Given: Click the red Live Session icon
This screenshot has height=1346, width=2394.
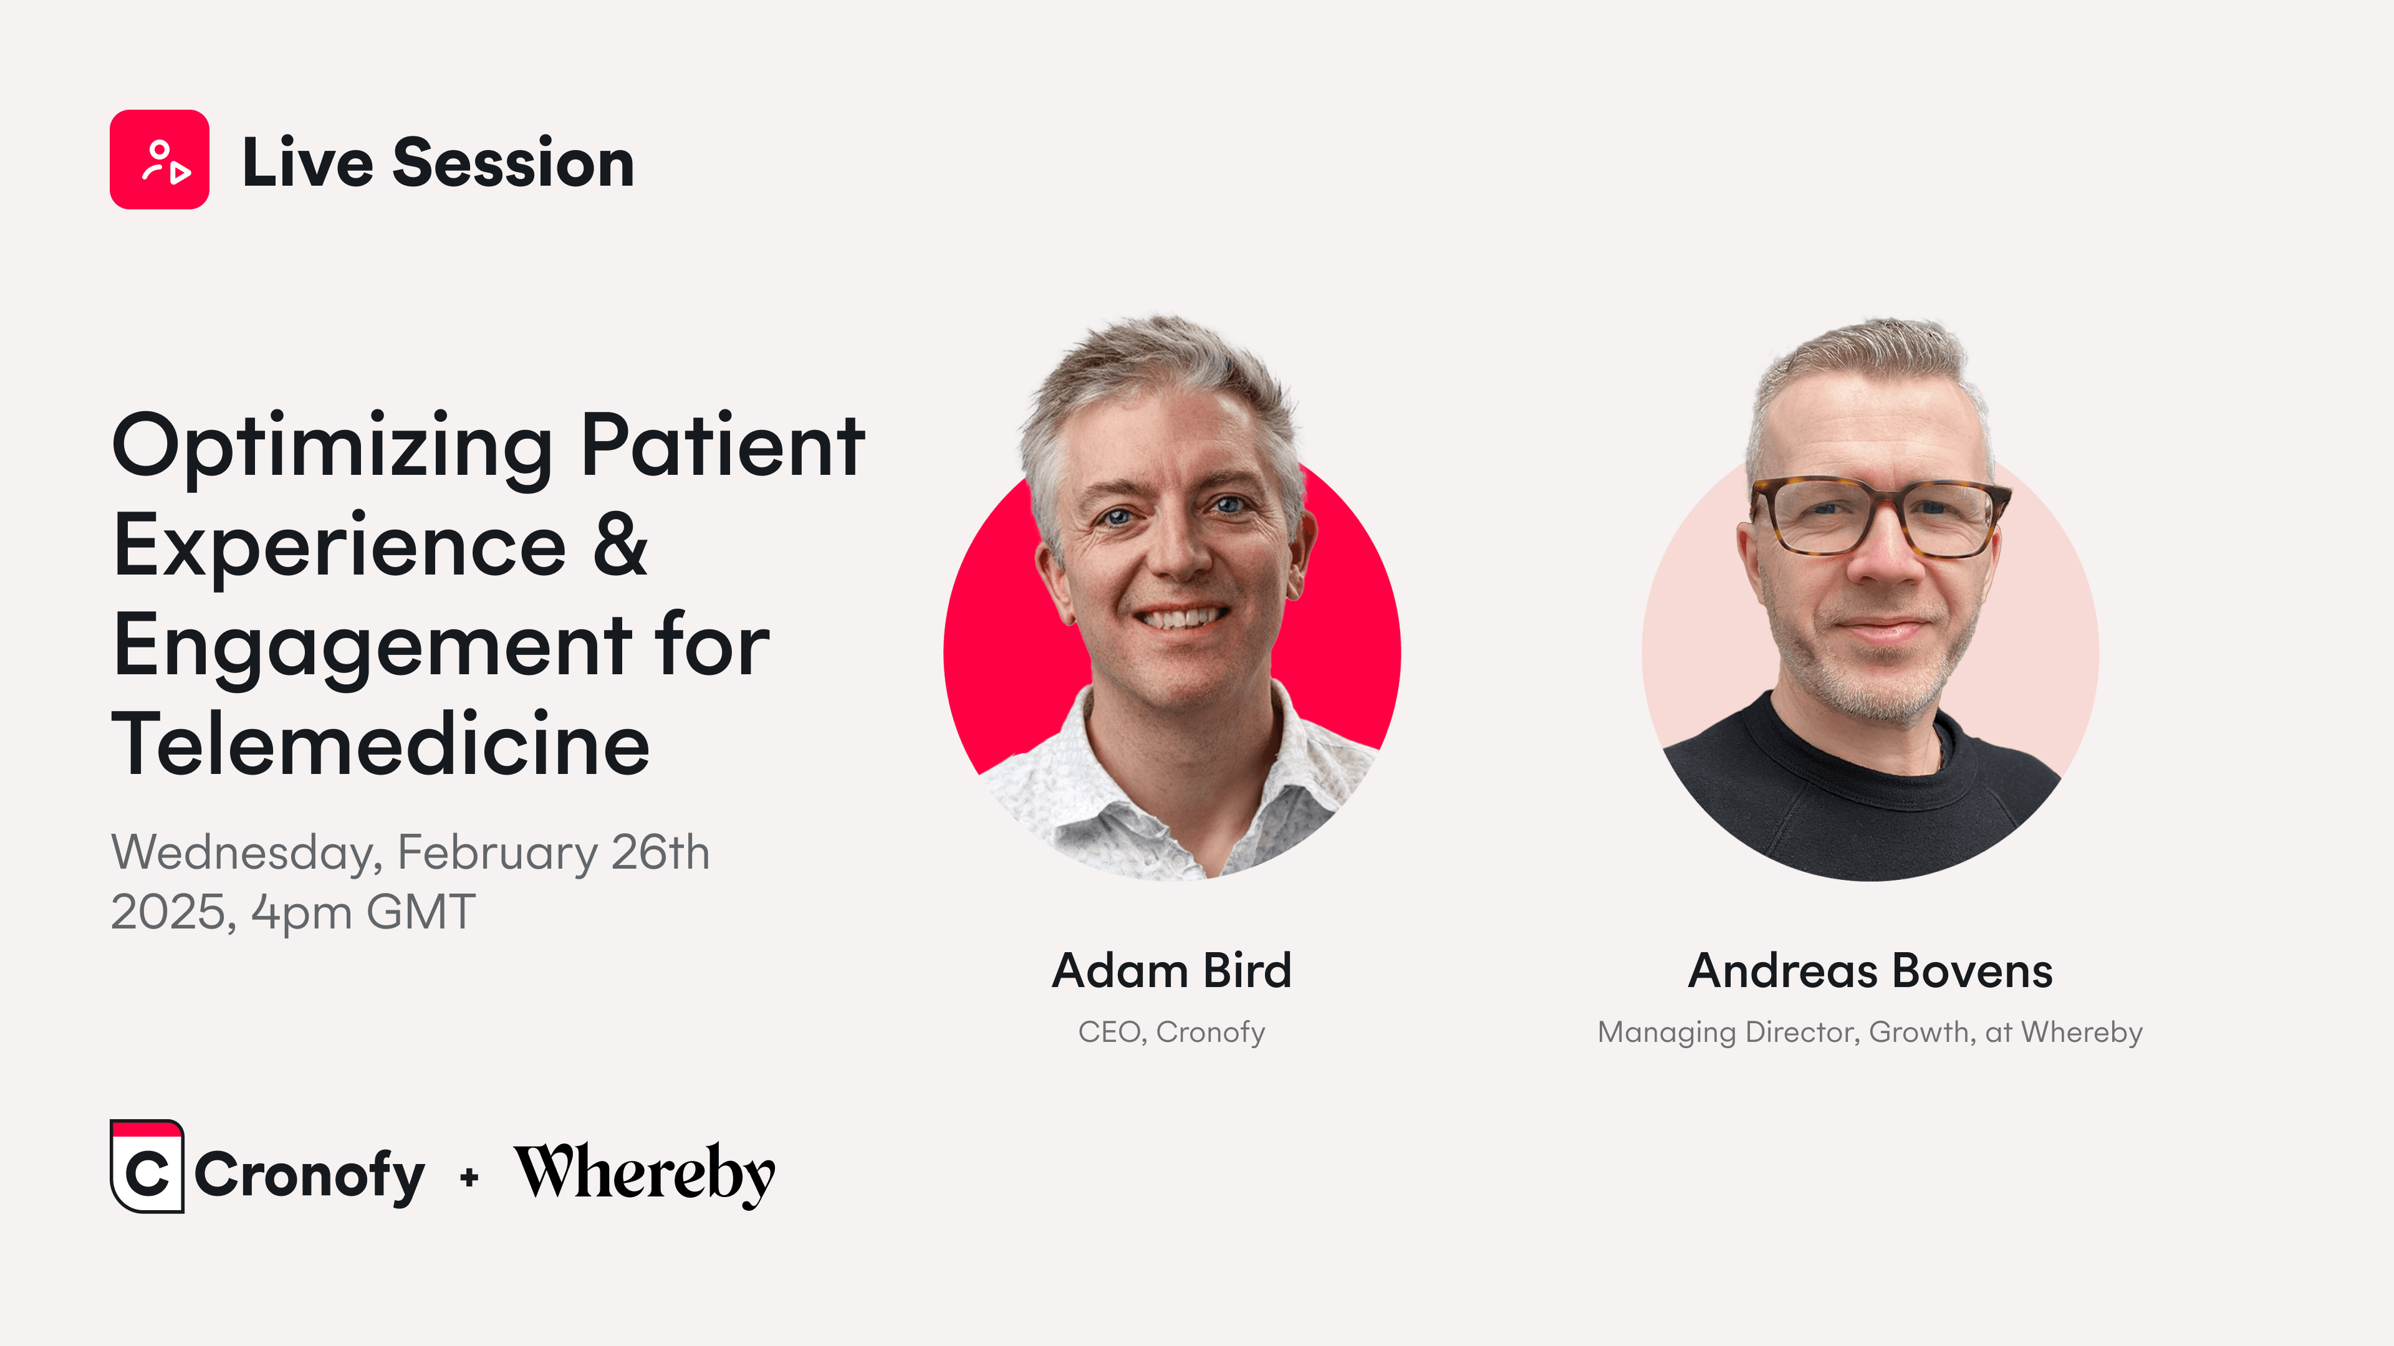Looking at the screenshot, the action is (159, 160).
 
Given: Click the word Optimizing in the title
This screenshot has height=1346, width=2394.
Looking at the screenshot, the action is (332, 448).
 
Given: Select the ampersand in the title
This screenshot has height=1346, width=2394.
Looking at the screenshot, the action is (620, 545).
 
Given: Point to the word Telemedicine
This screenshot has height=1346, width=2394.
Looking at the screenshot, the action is (381, 744).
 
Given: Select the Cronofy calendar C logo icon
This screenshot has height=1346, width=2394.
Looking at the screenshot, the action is (147, 1166).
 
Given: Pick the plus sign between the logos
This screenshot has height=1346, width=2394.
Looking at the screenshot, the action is (469, 1178).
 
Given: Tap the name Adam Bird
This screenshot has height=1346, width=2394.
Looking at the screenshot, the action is (1172, 971).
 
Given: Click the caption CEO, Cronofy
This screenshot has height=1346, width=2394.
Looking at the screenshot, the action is (1172, 1032).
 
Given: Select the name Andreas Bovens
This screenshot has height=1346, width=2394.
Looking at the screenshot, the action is (1870, 971).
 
